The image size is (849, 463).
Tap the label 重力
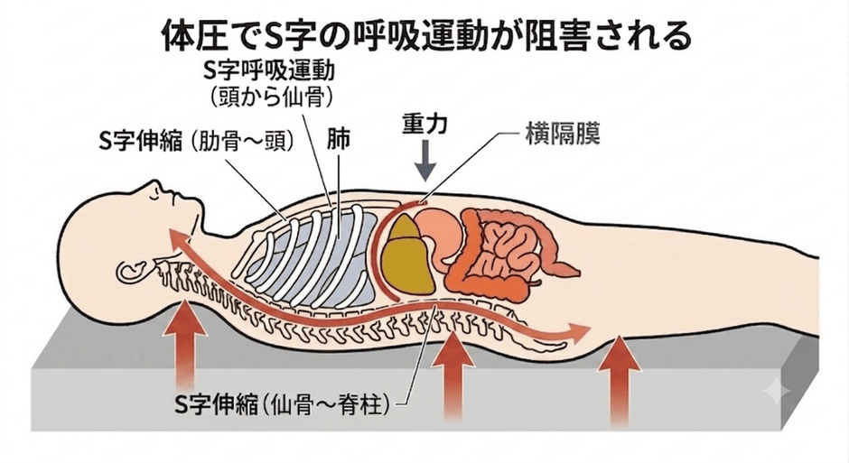(425, 124)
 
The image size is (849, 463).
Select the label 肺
(339, 140)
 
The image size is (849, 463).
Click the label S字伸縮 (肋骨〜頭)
(197, 142)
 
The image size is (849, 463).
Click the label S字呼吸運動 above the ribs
(268, 70)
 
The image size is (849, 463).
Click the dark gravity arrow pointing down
(425, 161)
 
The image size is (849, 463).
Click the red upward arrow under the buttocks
(620, 380)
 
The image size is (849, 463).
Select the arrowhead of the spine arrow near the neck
(176, 236)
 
